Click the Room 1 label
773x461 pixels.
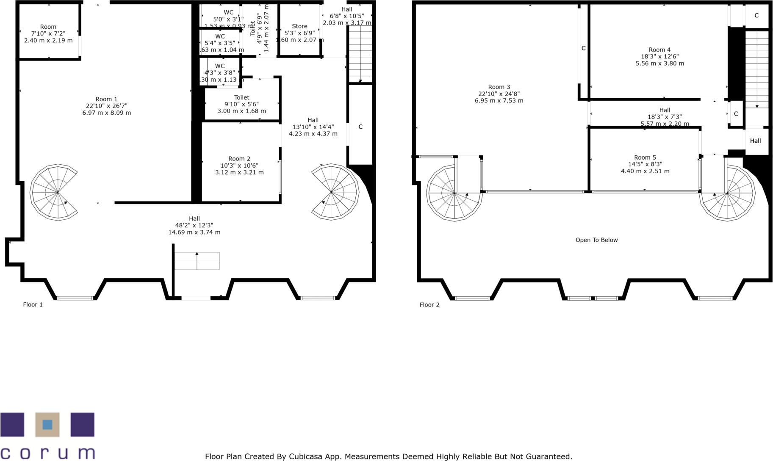tap(106, 99)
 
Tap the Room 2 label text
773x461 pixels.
tap(239, 159)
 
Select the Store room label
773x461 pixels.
tap(299, 26)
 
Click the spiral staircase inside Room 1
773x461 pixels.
tap(54, 193)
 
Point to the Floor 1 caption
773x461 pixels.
tap(33, 304)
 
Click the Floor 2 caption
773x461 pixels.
tap(429, 305)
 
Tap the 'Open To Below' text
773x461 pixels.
tap(596, 240)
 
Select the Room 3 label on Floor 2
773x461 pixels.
tap(499, 87)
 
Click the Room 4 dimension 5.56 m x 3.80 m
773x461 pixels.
tap(659, 63)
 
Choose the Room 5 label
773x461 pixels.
tap(645, 157)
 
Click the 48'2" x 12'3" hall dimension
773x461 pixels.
tap(194, 226)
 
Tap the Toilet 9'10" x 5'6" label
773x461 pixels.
tap(241, 104)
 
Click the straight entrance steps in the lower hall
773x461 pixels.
tap(197, 261)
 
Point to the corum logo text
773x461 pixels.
tap(47, 453)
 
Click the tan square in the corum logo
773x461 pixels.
tap(47, 425)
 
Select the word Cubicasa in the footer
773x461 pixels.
tap(305, 456)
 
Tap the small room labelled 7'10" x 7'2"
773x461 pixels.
tap(48, 34)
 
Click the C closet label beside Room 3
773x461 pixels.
tap(583, 48)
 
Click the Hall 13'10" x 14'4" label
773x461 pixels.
tap(313, 127)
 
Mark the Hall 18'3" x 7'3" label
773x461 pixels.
tap(665, 117)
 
